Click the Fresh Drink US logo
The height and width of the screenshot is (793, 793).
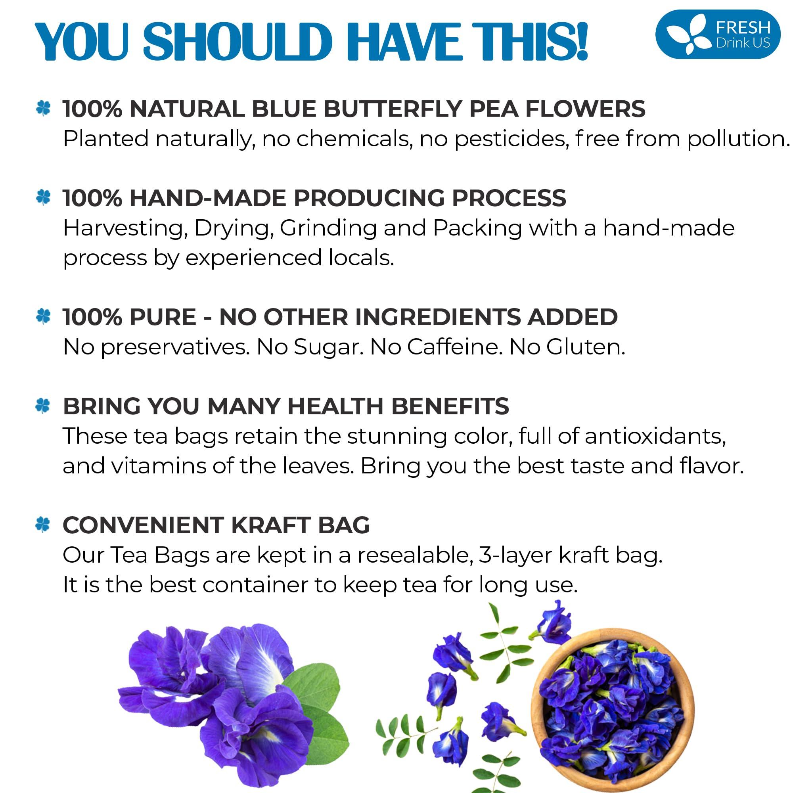(718, 34)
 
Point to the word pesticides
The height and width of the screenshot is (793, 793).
(511, 139)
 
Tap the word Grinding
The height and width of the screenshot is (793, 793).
(328, 228)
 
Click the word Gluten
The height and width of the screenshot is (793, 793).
(585, 347)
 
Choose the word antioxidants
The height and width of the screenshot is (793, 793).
(655, 436)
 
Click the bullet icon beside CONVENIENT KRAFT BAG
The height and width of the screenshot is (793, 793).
(43, 525)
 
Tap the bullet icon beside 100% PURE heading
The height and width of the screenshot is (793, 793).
(43, 316)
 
